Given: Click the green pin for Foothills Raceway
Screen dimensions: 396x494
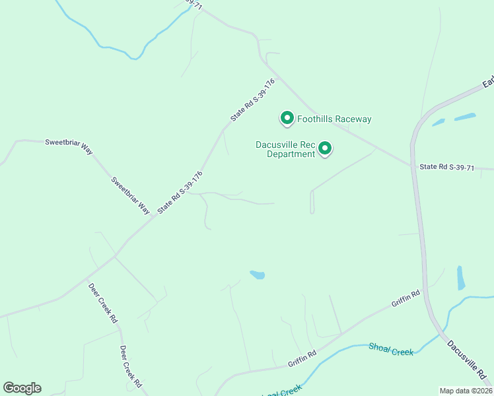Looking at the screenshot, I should pyautogui.click(x=287, y=118).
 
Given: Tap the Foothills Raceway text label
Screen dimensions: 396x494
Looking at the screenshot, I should pyautogui.click(x=334, y=119).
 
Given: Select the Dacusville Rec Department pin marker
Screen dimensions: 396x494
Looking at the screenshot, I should pyautogui.click(x=325, y=148).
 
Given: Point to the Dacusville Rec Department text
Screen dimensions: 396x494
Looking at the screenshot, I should pyautogui.click(x=285, y=149).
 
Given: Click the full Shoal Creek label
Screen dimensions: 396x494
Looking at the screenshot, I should pyautogui.click(x=391, y=349).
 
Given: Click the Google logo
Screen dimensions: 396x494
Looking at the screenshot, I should pyautogui.click(x=22, y=388).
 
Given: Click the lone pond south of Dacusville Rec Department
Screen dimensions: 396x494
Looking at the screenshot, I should pyautogui.click(x=258, y=275).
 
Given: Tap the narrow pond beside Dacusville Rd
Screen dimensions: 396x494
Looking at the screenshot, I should pyautogui.click(x=460, y=278).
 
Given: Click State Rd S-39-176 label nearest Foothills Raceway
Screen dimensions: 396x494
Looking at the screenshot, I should pyautogui.click(x=252, y=100).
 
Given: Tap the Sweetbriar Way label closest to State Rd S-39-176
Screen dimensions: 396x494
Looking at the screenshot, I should pyautogui.click(x=131, y=195).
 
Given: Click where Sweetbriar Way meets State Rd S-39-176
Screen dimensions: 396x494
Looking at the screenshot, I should pyautogui.click(x=155, y=216).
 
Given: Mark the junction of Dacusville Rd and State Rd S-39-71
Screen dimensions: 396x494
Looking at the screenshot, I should pyautogui.click(x=414, y=165).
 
